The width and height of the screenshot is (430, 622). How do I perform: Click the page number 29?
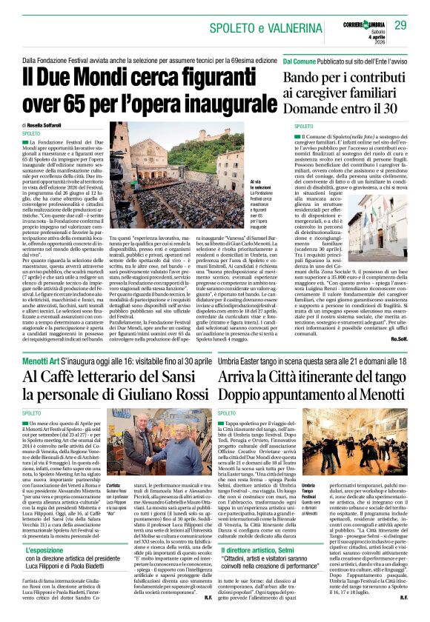[400, 26]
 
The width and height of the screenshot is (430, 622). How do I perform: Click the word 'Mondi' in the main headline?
[115, 76]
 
